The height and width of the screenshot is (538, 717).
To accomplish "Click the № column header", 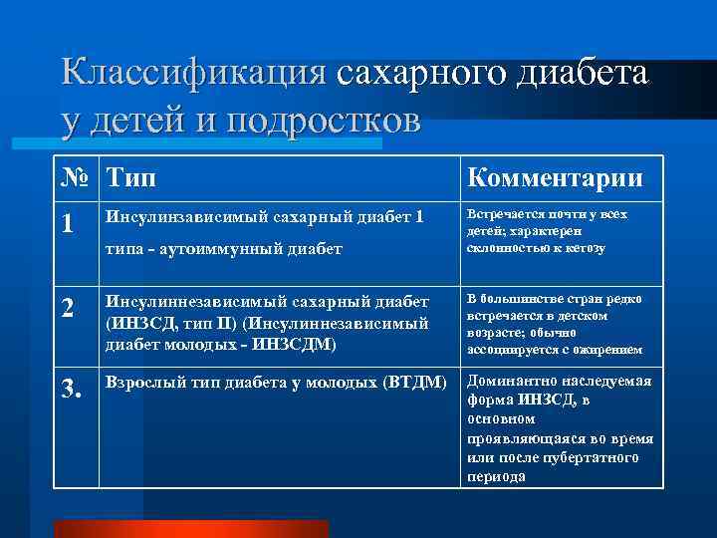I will [76, 177].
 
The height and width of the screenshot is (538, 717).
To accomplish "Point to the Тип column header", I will [131, 177].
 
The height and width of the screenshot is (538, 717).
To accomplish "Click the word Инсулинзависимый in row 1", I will [179, 215].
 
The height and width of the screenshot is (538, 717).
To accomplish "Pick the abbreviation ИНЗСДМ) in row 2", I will [298, 345].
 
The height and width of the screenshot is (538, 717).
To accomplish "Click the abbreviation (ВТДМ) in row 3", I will [413, 382].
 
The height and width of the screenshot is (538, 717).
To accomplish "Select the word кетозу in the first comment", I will [583, 247].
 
